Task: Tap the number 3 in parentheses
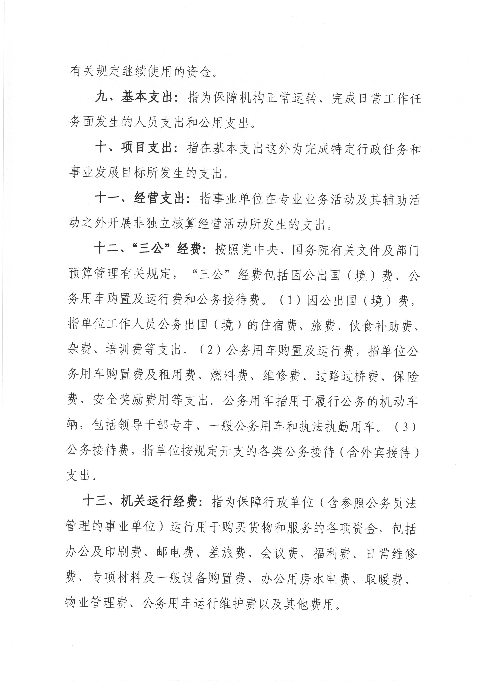pyautogui.click(x=405, y=427)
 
